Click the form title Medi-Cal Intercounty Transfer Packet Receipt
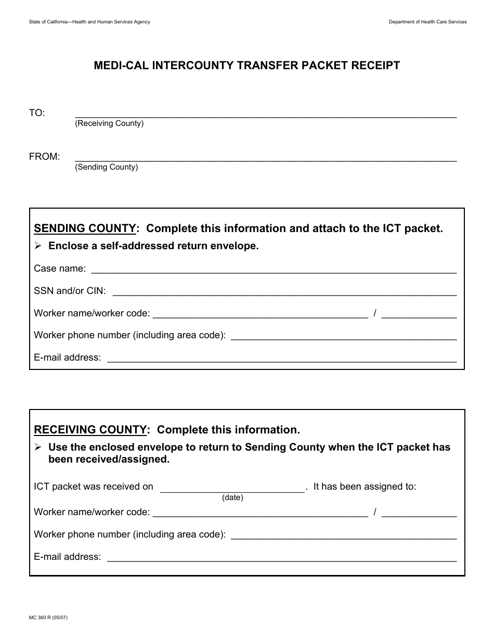[247, 66]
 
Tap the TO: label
[37, 113]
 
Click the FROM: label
[44, 157]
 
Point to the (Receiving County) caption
[109, 124]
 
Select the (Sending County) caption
[107, 168]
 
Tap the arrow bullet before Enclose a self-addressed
[38, 246]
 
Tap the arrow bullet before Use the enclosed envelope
[38, 447]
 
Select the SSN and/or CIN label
[70, 291]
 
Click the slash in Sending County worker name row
[375, 313]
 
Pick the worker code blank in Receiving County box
[419, 514]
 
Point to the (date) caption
[232, 497]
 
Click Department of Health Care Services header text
[427, 22]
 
